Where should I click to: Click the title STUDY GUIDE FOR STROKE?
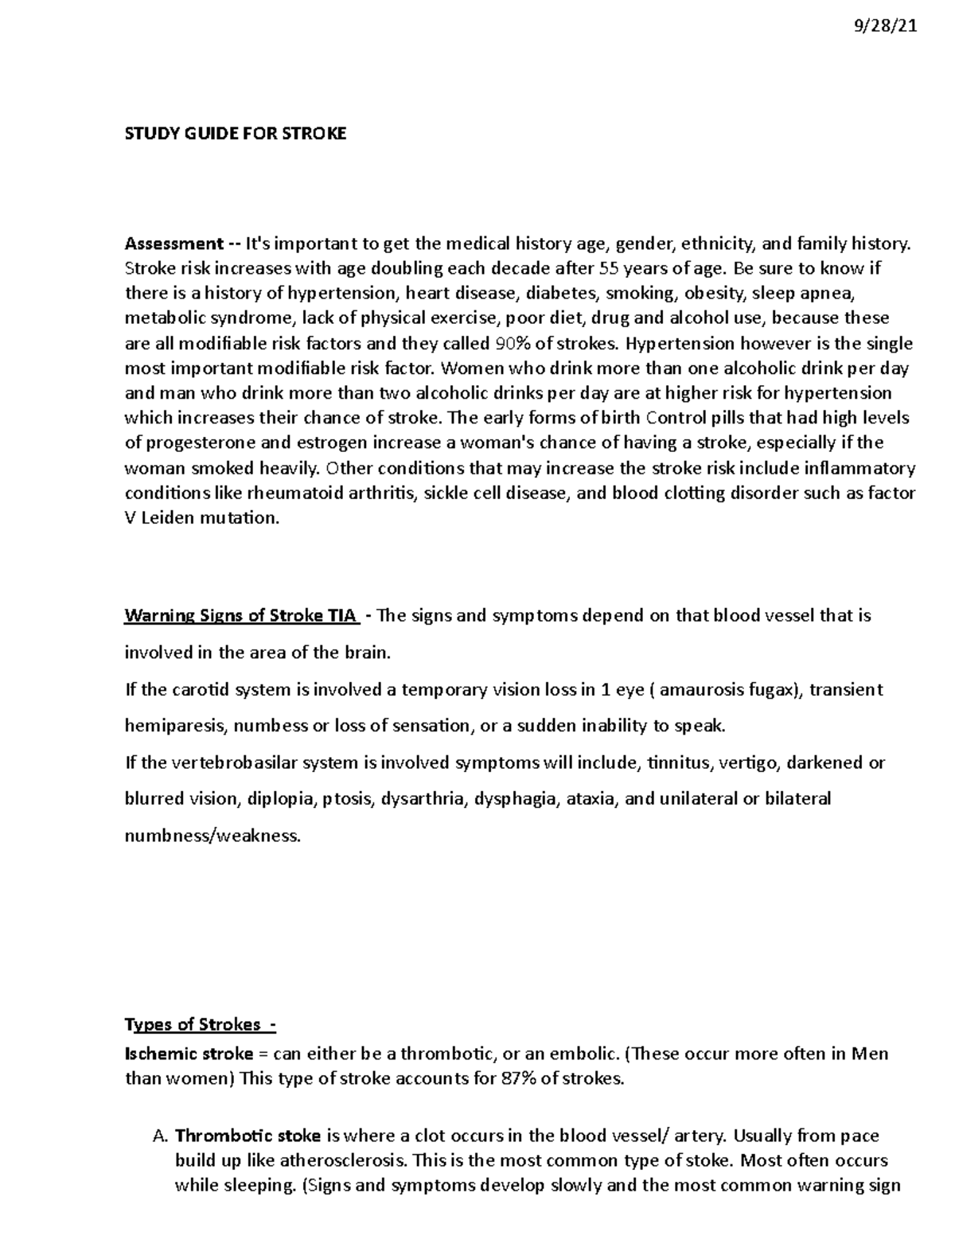[x=236, y=134]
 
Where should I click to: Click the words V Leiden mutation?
[x=203, y=518]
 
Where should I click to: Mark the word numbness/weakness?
[x=212, y=836]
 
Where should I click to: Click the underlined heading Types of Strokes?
[x=199, y=1024]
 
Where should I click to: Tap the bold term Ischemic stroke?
[x=189, y=1055]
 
